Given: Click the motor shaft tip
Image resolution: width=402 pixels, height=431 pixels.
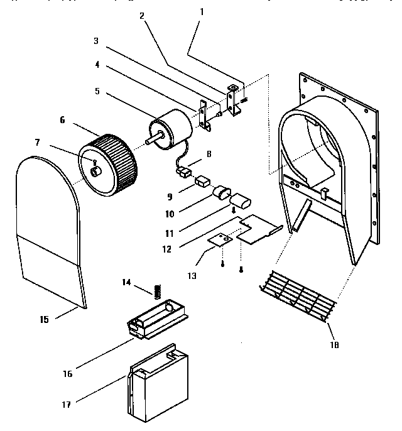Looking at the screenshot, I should pyautogui.click(x=148, y=141).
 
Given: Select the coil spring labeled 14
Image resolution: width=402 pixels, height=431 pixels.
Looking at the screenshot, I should pyautogui.click(x=158, y=290).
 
